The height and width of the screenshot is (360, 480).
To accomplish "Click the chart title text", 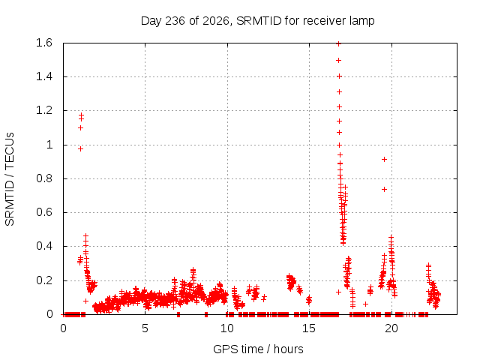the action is click(257, 21).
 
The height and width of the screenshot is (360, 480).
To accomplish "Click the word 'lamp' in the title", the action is click(362, 21).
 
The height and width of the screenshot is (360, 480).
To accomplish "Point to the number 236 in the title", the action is click(175, 21).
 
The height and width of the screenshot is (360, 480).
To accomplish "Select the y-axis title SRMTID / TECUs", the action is click(10, 179).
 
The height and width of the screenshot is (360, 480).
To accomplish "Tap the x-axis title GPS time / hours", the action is click(258, 349).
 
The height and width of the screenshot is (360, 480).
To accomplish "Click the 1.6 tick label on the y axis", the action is click(44, 43).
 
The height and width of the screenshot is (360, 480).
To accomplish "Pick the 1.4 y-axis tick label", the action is click(44, 76).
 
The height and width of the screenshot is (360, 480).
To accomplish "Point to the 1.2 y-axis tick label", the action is click(44, 110).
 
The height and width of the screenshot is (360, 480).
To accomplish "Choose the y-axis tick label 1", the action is click(49, 145).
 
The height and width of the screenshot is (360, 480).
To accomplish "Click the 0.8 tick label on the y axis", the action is click(44, 178).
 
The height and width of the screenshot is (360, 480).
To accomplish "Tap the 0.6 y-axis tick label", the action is click(44, 212).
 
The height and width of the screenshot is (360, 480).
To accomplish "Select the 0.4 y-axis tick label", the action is click(44, 246).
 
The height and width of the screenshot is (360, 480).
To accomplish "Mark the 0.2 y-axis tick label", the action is click(44, 280).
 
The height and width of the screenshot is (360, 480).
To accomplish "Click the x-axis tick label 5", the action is click(145, 328).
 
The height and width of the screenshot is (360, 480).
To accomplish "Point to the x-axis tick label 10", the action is click(227, 328).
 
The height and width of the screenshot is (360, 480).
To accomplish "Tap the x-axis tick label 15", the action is click(309, 328).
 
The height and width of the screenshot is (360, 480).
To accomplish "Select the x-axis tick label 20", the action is click(391, 328).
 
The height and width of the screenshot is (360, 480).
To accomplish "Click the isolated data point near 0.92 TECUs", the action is click(384, 159).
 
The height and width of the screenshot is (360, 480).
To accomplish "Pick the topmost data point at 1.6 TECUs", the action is click(338, 43).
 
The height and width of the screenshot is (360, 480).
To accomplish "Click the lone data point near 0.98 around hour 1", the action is click(80, 148).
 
